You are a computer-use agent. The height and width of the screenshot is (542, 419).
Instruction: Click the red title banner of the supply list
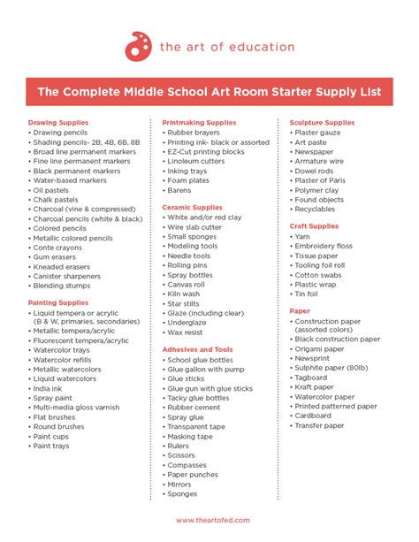209,90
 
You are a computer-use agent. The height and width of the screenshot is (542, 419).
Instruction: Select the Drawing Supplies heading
59,122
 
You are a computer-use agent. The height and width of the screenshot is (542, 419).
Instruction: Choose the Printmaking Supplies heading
199,122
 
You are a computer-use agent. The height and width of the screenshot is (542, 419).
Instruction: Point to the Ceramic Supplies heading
192,207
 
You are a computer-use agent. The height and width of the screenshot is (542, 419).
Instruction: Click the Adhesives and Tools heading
197,349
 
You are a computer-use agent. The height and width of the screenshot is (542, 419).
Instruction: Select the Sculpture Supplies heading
323,122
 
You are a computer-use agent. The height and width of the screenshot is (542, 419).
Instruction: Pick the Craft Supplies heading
314,226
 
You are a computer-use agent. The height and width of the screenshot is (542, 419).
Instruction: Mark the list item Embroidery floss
324,246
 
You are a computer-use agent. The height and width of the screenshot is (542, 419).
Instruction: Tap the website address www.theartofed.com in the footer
209,521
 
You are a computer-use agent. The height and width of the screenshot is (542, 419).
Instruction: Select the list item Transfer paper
319,425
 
